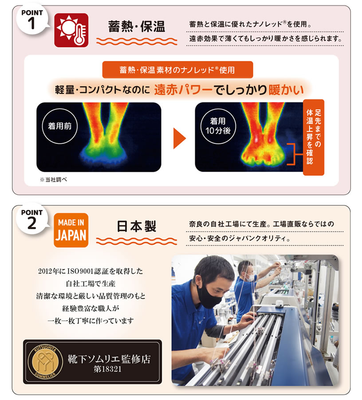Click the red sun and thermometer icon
tap(71, 30)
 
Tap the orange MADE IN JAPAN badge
tap(71, 230)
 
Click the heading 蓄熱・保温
tap(137, 27)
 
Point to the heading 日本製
tap(137, 226)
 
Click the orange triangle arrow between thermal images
tap(180, 138)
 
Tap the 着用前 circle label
tap(60, 126)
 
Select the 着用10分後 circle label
tap(218, 126)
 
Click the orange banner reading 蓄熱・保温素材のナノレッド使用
tap(177, 70)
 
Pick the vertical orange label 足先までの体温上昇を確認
tap(314, 137)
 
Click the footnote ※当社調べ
tap(54, 180)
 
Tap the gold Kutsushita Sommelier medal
tap(45, 362)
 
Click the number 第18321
tap(107, 369)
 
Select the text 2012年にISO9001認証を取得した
tap(90, 271)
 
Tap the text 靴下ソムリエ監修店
tap(109, 359)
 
